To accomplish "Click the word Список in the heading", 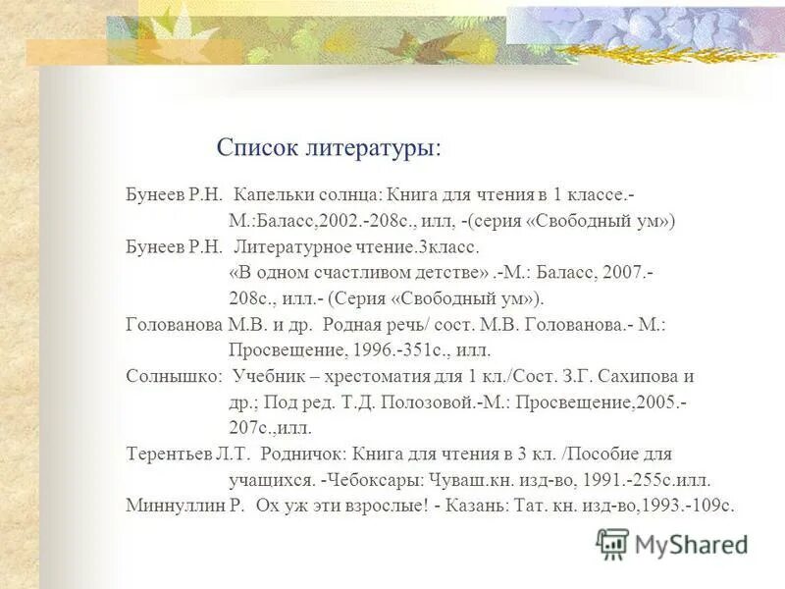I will coord(253,148).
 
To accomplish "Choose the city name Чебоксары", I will coord(379,480).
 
